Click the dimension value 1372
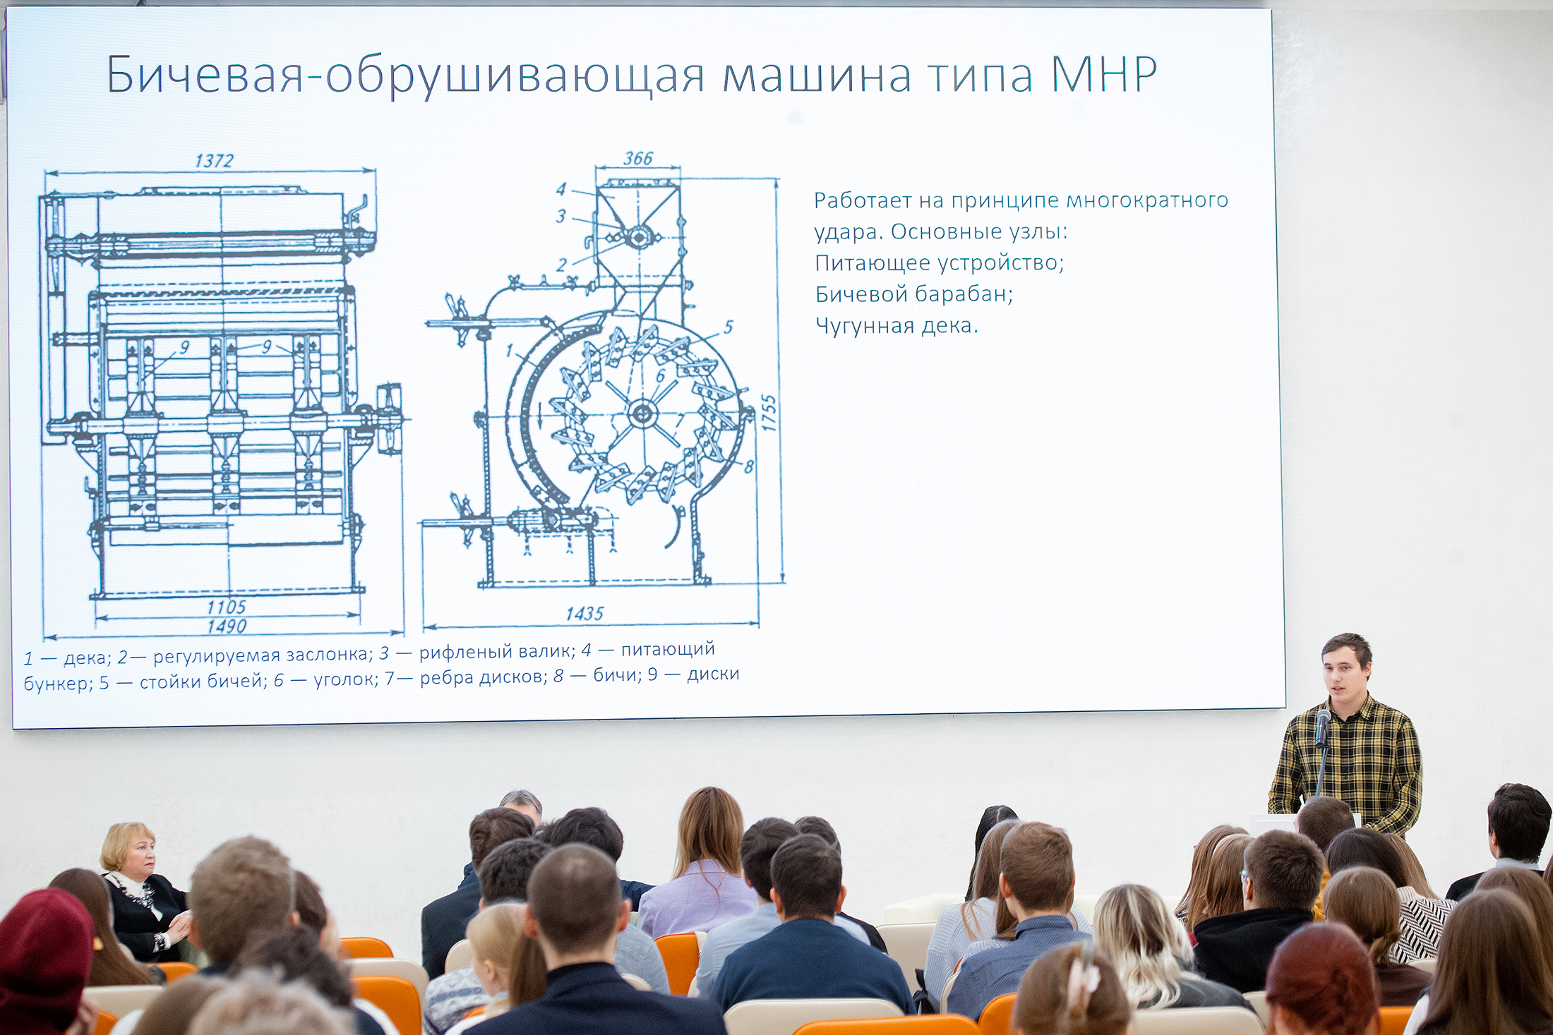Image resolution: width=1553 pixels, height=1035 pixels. (214, 161)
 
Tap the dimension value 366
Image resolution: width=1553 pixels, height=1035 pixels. (638, 159)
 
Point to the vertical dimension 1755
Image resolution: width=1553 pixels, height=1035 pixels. (769, 413)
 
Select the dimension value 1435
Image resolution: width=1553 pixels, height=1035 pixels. (584, 614)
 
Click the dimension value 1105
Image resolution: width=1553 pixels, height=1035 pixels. (227, 607)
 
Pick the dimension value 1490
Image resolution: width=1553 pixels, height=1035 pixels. (227, 626)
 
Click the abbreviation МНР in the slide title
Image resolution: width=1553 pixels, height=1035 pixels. (1104, 74)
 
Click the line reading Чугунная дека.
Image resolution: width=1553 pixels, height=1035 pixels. (897, 325)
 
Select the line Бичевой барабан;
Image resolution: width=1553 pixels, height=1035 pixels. (914, 293)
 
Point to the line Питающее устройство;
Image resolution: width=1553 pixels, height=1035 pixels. (940, 263)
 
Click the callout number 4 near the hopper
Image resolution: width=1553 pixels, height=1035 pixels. (561, 189)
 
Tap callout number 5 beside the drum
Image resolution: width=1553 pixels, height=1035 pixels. (728, 327)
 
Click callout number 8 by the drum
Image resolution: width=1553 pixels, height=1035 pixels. (749, 466)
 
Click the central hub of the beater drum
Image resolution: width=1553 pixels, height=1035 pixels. (642, 413)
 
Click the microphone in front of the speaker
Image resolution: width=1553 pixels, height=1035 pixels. (1322, 728)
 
